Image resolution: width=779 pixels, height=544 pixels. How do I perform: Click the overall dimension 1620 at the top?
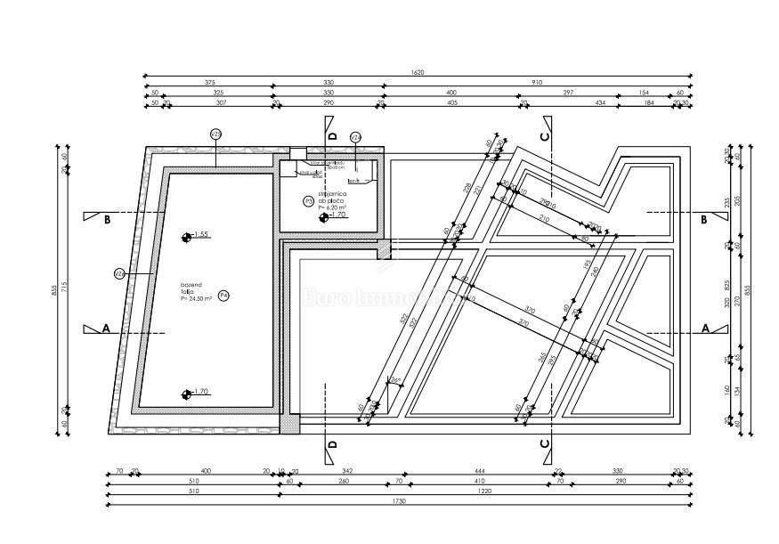(442, 72)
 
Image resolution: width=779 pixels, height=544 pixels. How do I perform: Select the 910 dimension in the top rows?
(537, 83)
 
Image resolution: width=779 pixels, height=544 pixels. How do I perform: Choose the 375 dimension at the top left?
(208, 83)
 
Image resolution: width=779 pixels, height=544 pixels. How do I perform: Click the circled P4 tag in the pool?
(224, 295)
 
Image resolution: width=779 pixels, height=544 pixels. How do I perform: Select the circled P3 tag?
(309, 201)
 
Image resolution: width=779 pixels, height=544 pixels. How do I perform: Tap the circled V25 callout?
(215, 134)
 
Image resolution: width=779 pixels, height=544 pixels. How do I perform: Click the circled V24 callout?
(355, 137)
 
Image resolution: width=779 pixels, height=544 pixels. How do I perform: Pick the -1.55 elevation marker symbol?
(186, 237)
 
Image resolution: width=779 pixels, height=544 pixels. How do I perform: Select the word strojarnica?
(331, 193)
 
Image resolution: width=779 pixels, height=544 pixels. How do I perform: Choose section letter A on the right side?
(705, 328)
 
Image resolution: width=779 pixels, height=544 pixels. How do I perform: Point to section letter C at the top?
(545, 135)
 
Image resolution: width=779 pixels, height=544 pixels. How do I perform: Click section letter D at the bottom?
(332, 443)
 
